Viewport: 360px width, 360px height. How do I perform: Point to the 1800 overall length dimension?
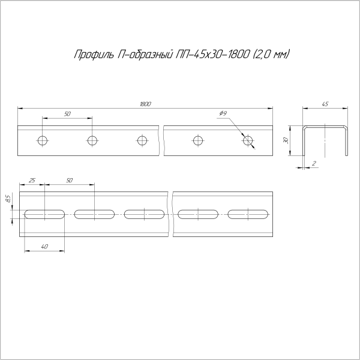[145, 104]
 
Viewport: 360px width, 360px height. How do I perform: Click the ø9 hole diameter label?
[223, 114]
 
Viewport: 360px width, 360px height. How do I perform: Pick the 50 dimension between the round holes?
[67, 114]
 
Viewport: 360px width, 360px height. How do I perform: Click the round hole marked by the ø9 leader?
[248, 141]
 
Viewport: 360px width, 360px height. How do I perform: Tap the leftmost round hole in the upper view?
[42, 141]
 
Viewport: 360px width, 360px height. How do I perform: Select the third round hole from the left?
[142, 141]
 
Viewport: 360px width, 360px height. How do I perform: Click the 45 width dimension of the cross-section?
[325, 104]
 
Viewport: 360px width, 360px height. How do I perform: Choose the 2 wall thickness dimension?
[314, 163]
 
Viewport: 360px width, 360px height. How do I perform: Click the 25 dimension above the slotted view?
[32, 181]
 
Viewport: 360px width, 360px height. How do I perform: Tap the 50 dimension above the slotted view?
[69, 181]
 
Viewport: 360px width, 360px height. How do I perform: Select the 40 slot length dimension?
[45, 247]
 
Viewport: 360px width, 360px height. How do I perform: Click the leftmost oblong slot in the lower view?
[45, 214]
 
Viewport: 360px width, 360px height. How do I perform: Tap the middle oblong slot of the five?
[145, 214]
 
